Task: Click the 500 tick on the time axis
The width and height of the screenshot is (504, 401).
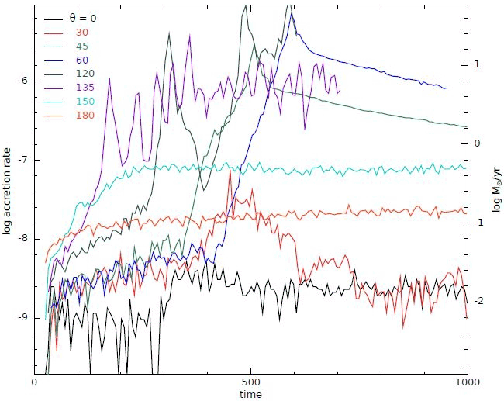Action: (x=250, y=383)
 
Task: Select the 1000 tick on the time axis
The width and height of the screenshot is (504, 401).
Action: (x=465, y=383)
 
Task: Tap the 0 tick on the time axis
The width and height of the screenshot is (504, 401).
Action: (x=35, y=383)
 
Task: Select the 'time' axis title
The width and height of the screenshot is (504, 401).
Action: (x=250, y=394)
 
